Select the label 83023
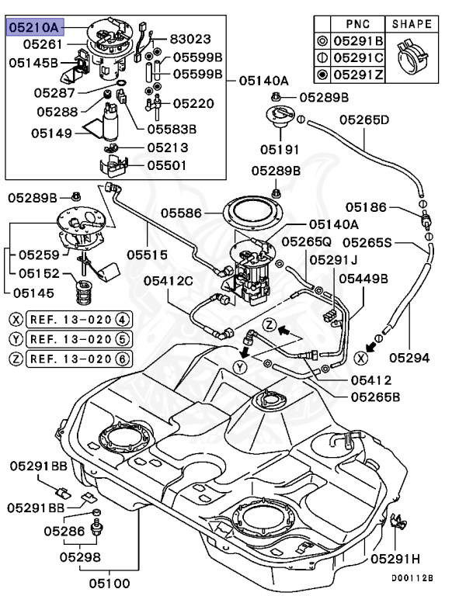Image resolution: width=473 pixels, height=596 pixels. [190, 37]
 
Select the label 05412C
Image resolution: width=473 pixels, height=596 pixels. [169, 280]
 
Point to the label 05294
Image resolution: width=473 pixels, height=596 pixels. [409, 358]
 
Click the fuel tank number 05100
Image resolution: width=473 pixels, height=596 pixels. [109, 583]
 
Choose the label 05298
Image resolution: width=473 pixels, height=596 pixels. [79, 556]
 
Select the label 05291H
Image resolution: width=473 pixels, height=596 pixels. [395, 558]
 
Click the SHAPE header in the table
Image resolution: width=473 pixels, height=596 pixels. [412, 24]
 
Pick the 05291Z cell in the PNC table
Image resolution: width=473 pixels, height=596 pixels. [357, 75]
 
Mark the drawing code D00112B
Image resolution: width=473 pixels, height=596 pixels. [411, 578]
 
